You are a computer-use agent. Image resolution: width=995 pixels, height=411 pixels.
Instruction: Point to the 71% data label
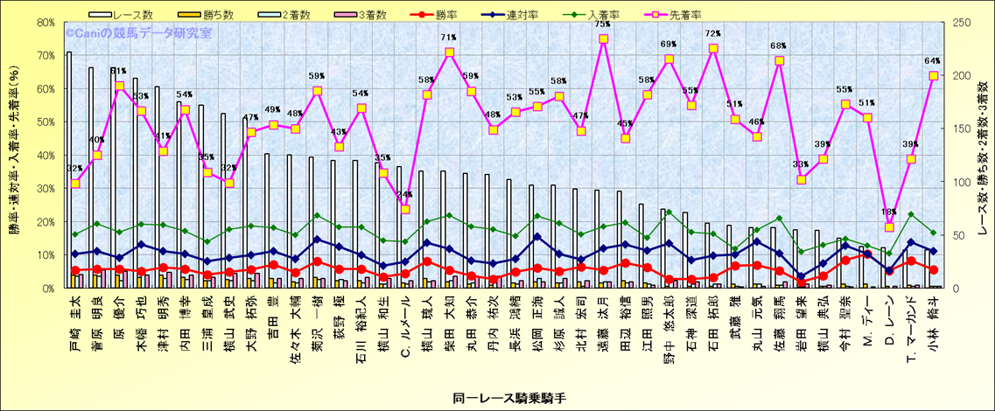449,38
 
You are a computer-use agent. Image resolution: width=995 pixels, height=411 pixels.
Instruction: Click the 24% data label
404,195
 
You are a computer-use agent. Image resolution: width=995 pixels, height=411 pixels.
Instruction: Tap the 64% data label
932,61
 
